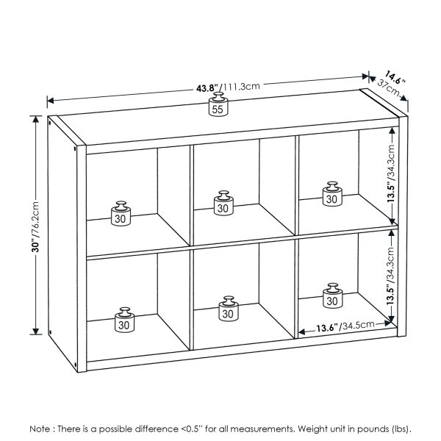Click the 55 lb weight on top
[218, 105]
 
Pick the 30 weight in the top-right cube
[331, 195]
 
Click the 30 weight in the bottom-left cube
[125, 320]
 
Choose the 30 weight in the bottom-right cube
[332, 297]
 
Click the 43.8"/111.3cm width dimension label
[228, 87]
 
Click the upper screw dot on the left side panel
[76, 151]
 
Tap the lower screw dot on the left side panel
[76, 361]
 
